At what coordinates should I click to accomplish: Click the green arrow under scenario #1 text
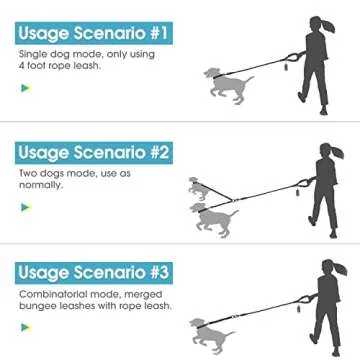point(25,87)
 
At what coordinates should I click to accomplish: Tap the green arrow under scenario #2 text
point(25,207)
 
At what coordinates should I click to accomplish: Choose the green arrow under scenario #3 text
point(25,325)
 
